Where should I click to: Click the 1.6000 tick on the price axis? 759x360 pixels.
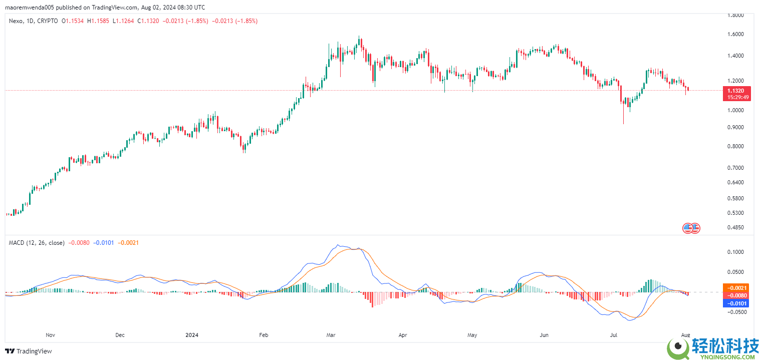point(735,34)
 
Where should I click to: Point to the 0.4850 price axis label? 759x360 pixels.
point(735,227)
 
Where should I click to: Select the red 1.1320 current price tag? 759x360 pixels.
point(736,91)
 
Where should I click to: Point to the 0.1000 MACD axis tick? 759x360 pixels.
point(735,252)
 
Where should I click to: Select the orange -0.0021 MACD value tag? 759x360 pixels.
point(736,288)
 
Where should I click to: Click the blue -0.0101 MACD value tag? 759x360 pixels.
point(736,303)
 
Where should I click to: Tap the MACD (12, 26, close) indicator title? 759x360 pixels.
point(37,243)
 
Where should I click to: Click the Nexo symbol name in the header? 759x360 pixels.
point(17,21)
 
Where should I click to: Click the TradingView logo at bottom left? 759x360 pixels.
point(29,351)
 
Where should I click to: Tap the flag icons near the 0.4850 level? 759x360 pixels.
point(691,228)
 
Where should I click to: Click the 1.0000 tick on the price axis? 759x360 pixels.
point(735,110)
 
